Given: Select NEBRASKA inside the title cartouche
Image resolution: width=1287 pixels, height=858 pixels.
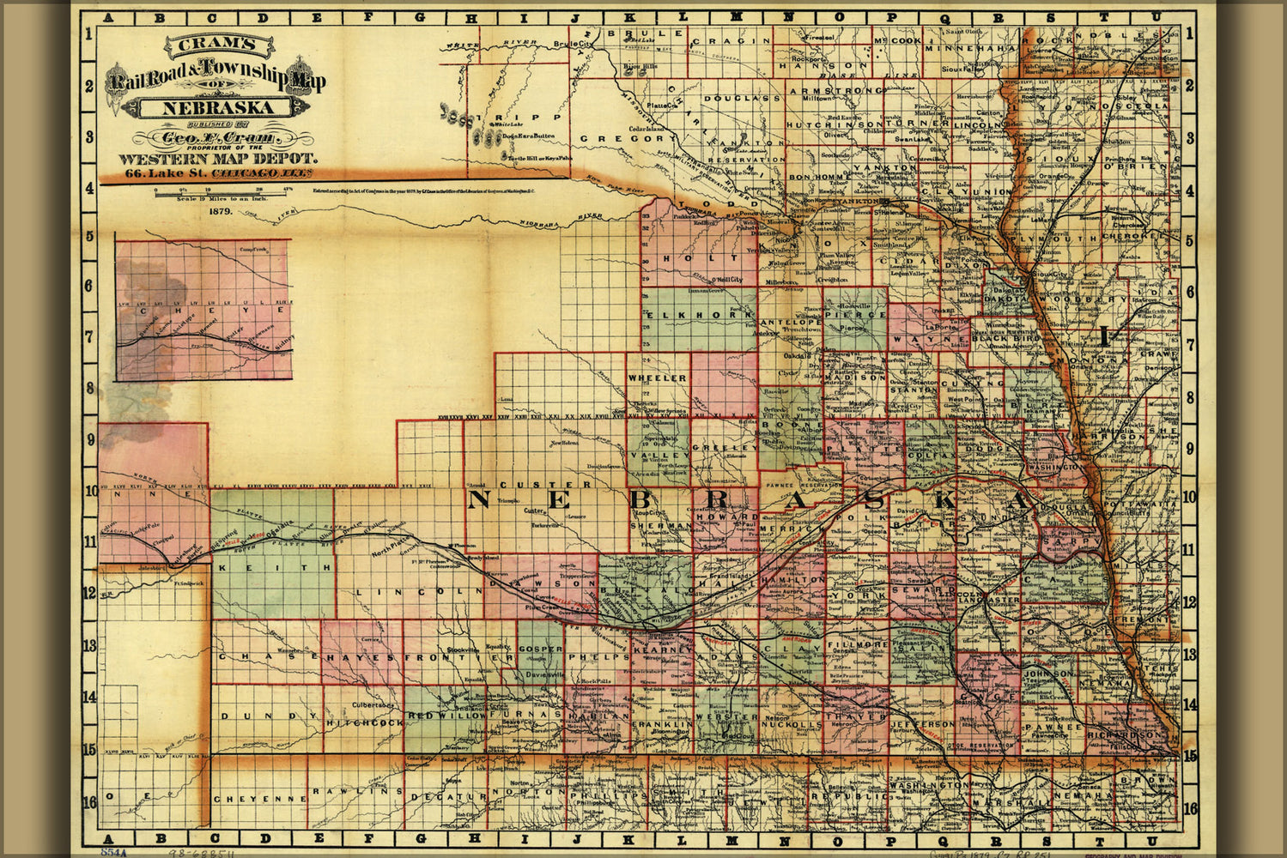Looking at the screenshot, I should [205, 108].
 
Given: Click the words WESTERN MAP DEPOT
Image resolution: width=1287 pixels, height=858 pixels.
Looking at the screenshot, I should [218, 159].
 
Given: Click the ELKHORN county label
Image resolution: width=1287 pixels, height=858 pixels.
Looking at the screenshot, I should [697, 316].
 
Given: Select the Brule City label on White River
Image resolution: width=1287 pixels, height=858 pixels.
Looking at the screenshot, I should [574, 43].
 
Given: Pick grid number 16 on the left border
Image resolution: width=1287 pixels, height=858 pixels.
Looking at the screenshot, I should [89, 804].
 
